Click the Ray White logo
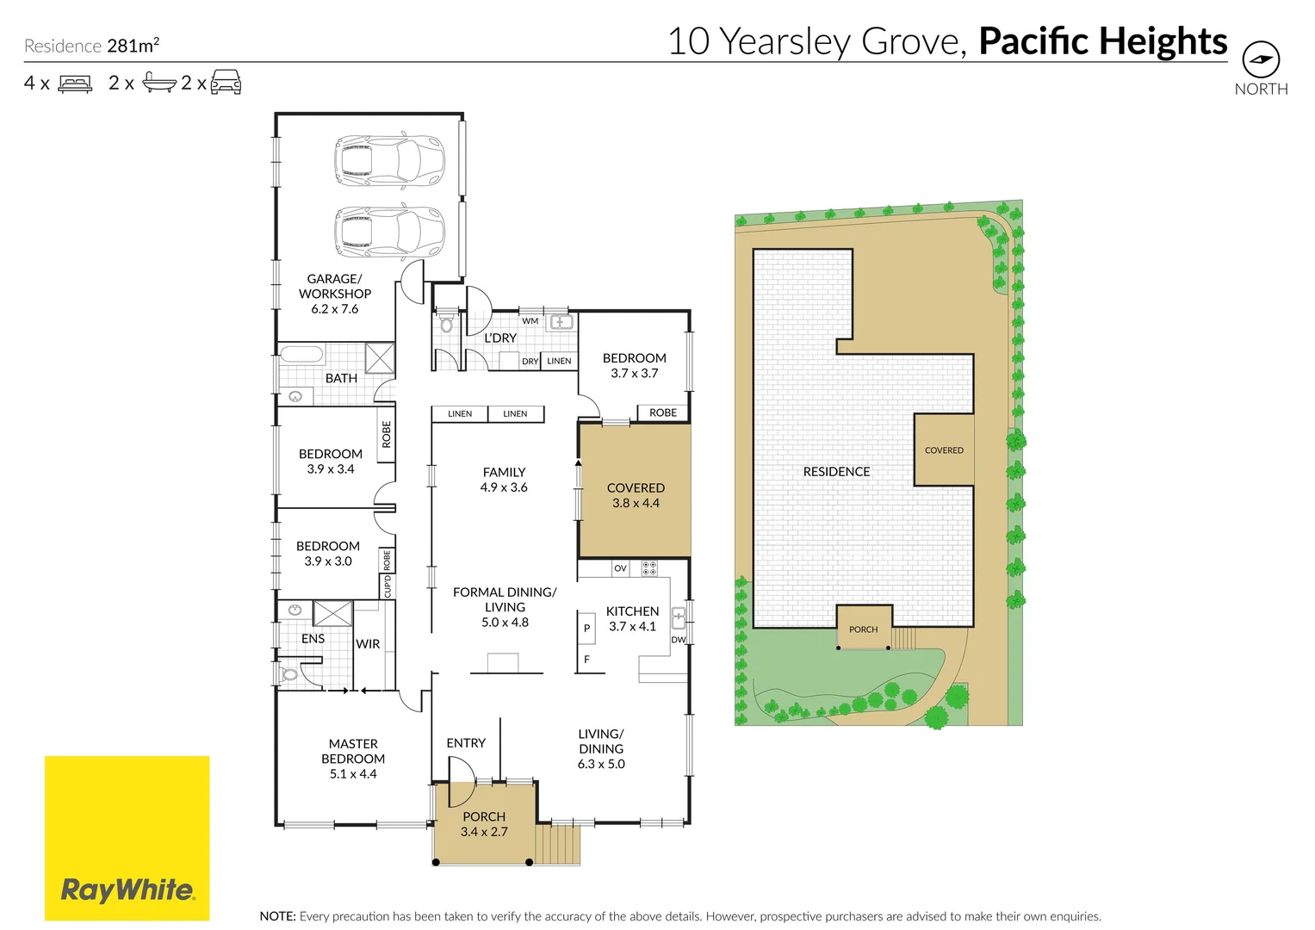coord(127,838)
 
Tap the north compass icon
coord(1261,59)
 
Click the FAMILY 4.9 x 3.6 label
coord(504,480)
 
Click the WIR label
coord(368,644)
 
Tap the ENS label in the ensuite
coord(313,639)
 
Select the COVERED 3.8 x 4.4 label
coord(636,495)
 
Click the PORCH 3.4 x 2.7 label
coord(484,824)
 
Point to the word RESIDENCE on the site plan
coord(836,472)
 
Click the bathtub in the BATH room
coord(301,354)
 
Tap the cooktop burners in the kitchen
coord(649,568)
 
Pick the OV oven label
coord(620,568)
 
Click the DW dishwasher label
coord(678,639)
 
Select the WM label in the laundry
coord(530,321)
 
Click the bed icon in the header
coord(75,84)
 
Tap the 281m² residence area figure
coord(133,45)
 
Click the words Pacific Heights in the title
coord(1103,41)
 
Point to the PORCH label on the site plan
coord(864,629)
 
